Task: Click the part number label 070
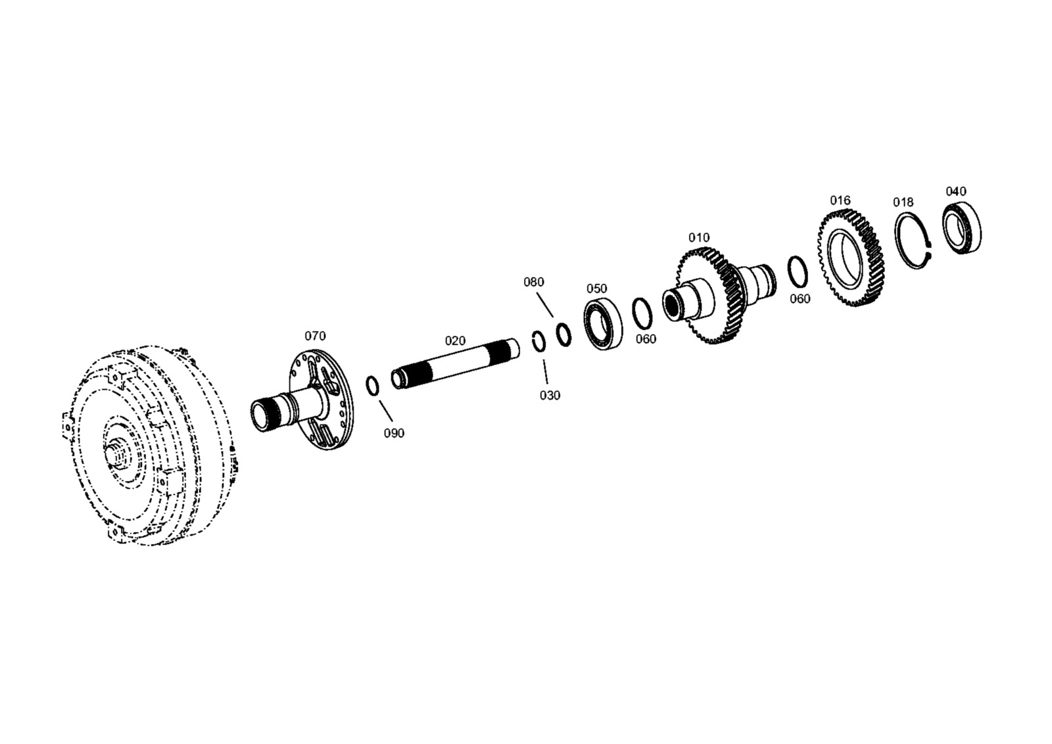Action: [315, 336]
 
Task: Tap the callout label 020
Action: [455, 341]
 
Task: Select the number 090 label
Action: [394, 433]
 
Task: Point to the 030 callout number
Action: [550, 396]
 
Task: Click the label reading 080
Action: [534, 282]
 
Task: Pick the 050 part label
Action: [596, 289]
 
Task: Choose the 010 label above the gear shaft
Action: [700, 237]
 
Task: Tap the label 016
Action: [840, 200]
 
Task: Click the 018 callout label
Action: [903, 202]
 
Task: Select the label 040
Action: [956, 191]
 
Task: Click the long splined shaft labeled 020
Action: [456, 364]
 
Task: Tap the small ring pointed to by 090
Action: [372, 386]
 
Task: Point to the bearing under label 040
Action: [962, 228]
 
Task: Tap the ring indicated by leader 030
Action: [538, 341]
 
